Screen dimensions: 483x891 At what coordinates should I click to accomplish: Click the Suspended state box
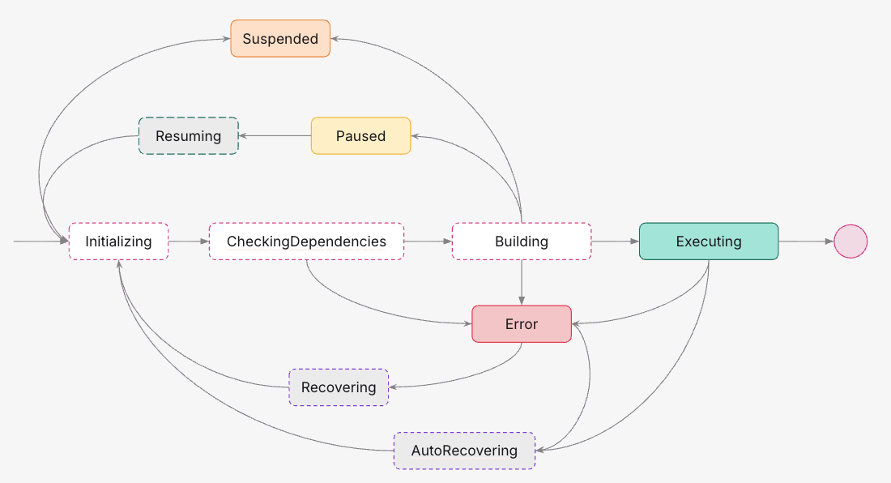tap(280, 39)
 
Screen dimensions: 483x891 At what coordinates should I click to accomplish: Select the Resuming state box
tap(188, 136)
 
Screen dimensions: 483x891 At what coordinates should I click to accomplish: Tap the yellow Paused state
tap(360, 136)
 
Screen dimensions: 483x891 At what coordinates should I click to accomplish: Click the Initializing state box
tap(118, 241)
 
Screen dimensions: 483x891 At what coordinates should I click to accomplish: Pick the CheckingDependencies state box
tap(306, 241)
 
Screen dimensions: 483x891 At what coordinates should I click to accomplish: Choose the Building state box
tap(521, 241)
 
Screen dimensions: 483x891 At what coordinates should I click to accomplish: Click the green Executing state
tap(709, 241)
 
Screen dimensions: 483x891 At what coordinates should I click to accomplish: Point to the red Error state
tap(522, 324)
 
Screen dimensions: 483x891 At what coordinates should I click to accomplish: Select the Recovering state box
tap(339, 387)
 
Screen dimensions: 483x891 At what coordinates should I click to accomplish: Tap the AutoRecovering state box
tap(464, 451)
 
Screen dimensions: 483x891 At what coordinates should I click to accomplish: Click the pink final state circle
tap(850, 241)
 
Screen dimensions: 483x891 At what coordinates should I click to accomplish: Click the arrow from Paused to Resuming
tap(275, 136)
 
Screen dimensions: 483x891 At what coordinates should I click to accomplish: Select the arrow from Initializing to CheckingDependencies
tap(189, 241)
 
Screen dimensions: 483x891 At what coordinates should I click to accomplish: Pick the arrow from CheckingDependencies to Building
tap(428, 241)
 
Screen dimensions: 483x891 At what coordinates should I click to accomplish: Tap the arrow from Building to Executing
tap(615, 241)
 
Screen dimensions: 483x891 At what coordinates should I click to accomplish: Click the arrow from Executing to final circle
tap(806, 241)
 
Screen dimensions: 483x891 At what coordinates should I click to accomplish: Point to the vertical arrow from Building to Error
tap(522, 282)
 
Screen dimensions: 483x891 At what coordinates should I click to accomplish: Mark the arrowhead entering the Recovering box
tap(394, 387)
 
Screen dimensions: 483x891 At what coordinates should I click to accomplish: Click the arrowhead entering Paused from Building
tap(416, 137)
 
